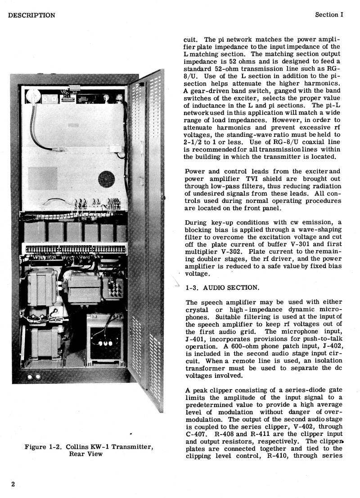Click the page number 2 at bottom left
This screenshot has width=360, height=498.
click(13, 484)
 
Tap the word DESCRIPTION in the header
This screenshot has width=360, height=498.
click(31, 15)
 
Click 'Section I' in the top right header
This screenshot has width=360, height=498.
click(329, 15)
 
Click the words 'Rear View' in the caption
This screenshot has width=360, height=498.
click(85, 454)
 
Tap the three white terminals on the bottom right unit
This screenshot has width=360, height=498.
click(103, 343)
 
